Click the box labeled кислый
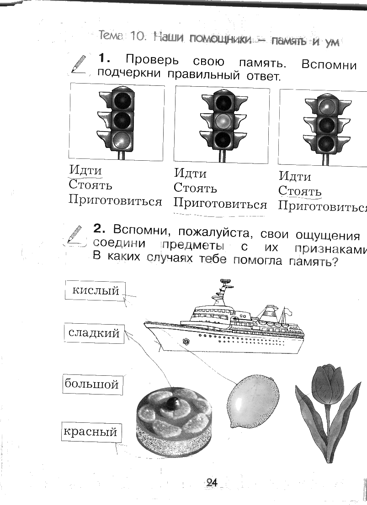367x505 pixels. point(95,290)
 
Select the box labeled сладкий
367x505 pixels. point(94,333)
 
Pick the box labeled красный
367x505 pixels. point(90,431)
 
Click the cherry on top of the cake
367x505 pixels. point(173,403)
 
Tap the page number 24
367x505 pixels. point(212,483)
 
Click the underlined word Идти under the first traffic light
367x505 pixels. point(85,170)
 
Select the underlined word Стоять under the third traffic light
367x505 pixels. point(300,191)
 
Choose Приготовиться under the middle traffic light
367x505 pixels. point(220,204)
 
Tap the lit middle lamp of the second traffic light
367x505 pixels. point(223,121)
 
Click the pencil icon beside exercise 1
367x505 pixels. point(78,63)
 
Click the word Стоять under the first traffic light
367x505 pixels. point(90,185)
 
